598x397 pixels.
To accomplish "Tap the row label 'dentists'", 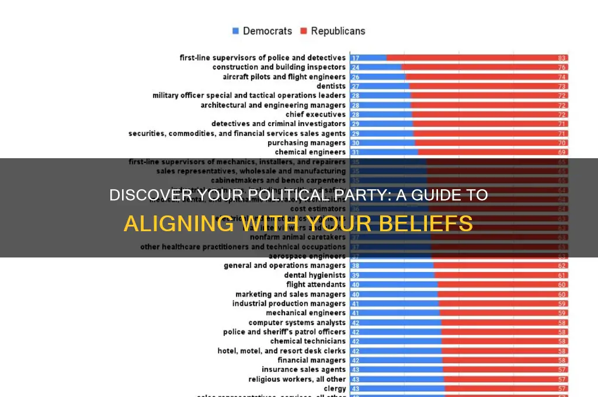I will (331, 86).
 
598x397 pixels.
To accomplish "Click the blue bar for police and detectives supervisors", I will (368, 58).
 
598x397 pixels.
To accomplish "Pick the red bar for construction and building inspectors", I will (485, 67).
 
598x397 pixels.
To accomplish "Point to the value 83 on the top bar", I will (562, 58).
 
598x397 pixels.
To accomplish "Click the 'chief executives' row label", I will (315, 114).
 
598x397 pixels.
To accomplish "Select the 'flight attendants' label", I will (316, 285).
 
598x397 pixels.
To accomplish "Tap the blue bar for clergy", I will (397, 388).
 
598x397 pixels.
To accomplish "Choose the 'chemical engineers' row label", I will (310, 152).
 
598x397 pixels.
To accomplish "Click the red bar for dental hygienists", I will (500, 276).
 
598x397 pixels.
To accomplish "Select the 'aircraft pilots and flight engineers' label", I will (284, 77).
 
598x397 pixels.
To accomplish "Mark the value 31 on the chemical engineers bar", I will (355, 152).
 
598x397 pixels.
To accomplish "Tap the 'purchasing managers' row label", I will (307, 143).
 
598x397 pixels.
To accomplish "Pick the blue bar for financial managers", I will (396, 360).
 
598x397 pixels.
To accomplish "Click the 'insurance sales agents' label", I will (304, 370).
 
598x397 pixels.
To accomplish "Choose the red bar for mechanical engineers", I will (503, 313).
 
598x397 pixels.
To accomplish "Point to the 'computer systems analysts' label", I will (297, 322).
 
